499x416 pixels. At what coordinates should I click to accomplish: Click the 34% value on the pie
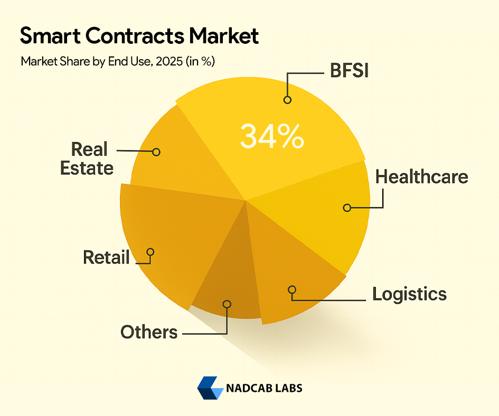272,137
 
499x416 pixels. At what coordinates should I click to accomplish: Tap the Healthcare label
421,176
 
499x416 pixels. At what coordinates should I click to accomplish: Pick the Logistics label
409,294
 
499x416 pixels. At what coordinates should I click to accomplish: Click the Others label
149,332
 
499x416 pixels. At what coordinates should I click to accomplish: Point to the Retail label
106,258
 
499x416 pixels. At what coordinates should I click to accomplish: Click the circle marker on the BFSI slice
287,99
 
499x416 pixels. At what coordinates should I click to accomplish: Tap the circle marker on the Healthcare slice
347,208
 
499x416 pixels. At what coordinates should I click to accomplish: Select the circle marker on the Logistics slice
291,289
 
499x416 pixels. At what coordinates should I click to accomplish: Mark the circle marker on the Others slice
227,304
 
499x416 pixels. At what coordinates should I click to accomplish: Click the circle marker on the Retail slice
150,252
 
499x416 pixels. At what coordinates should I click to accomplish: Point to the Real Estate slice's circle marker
156,152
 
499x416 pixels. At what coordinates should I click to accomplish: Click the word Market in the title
224,36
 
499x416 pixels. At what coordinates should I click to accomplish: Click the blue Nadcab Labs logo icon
210,388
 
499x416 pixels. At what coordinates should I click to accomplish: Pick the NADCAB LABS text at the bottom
264,388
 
